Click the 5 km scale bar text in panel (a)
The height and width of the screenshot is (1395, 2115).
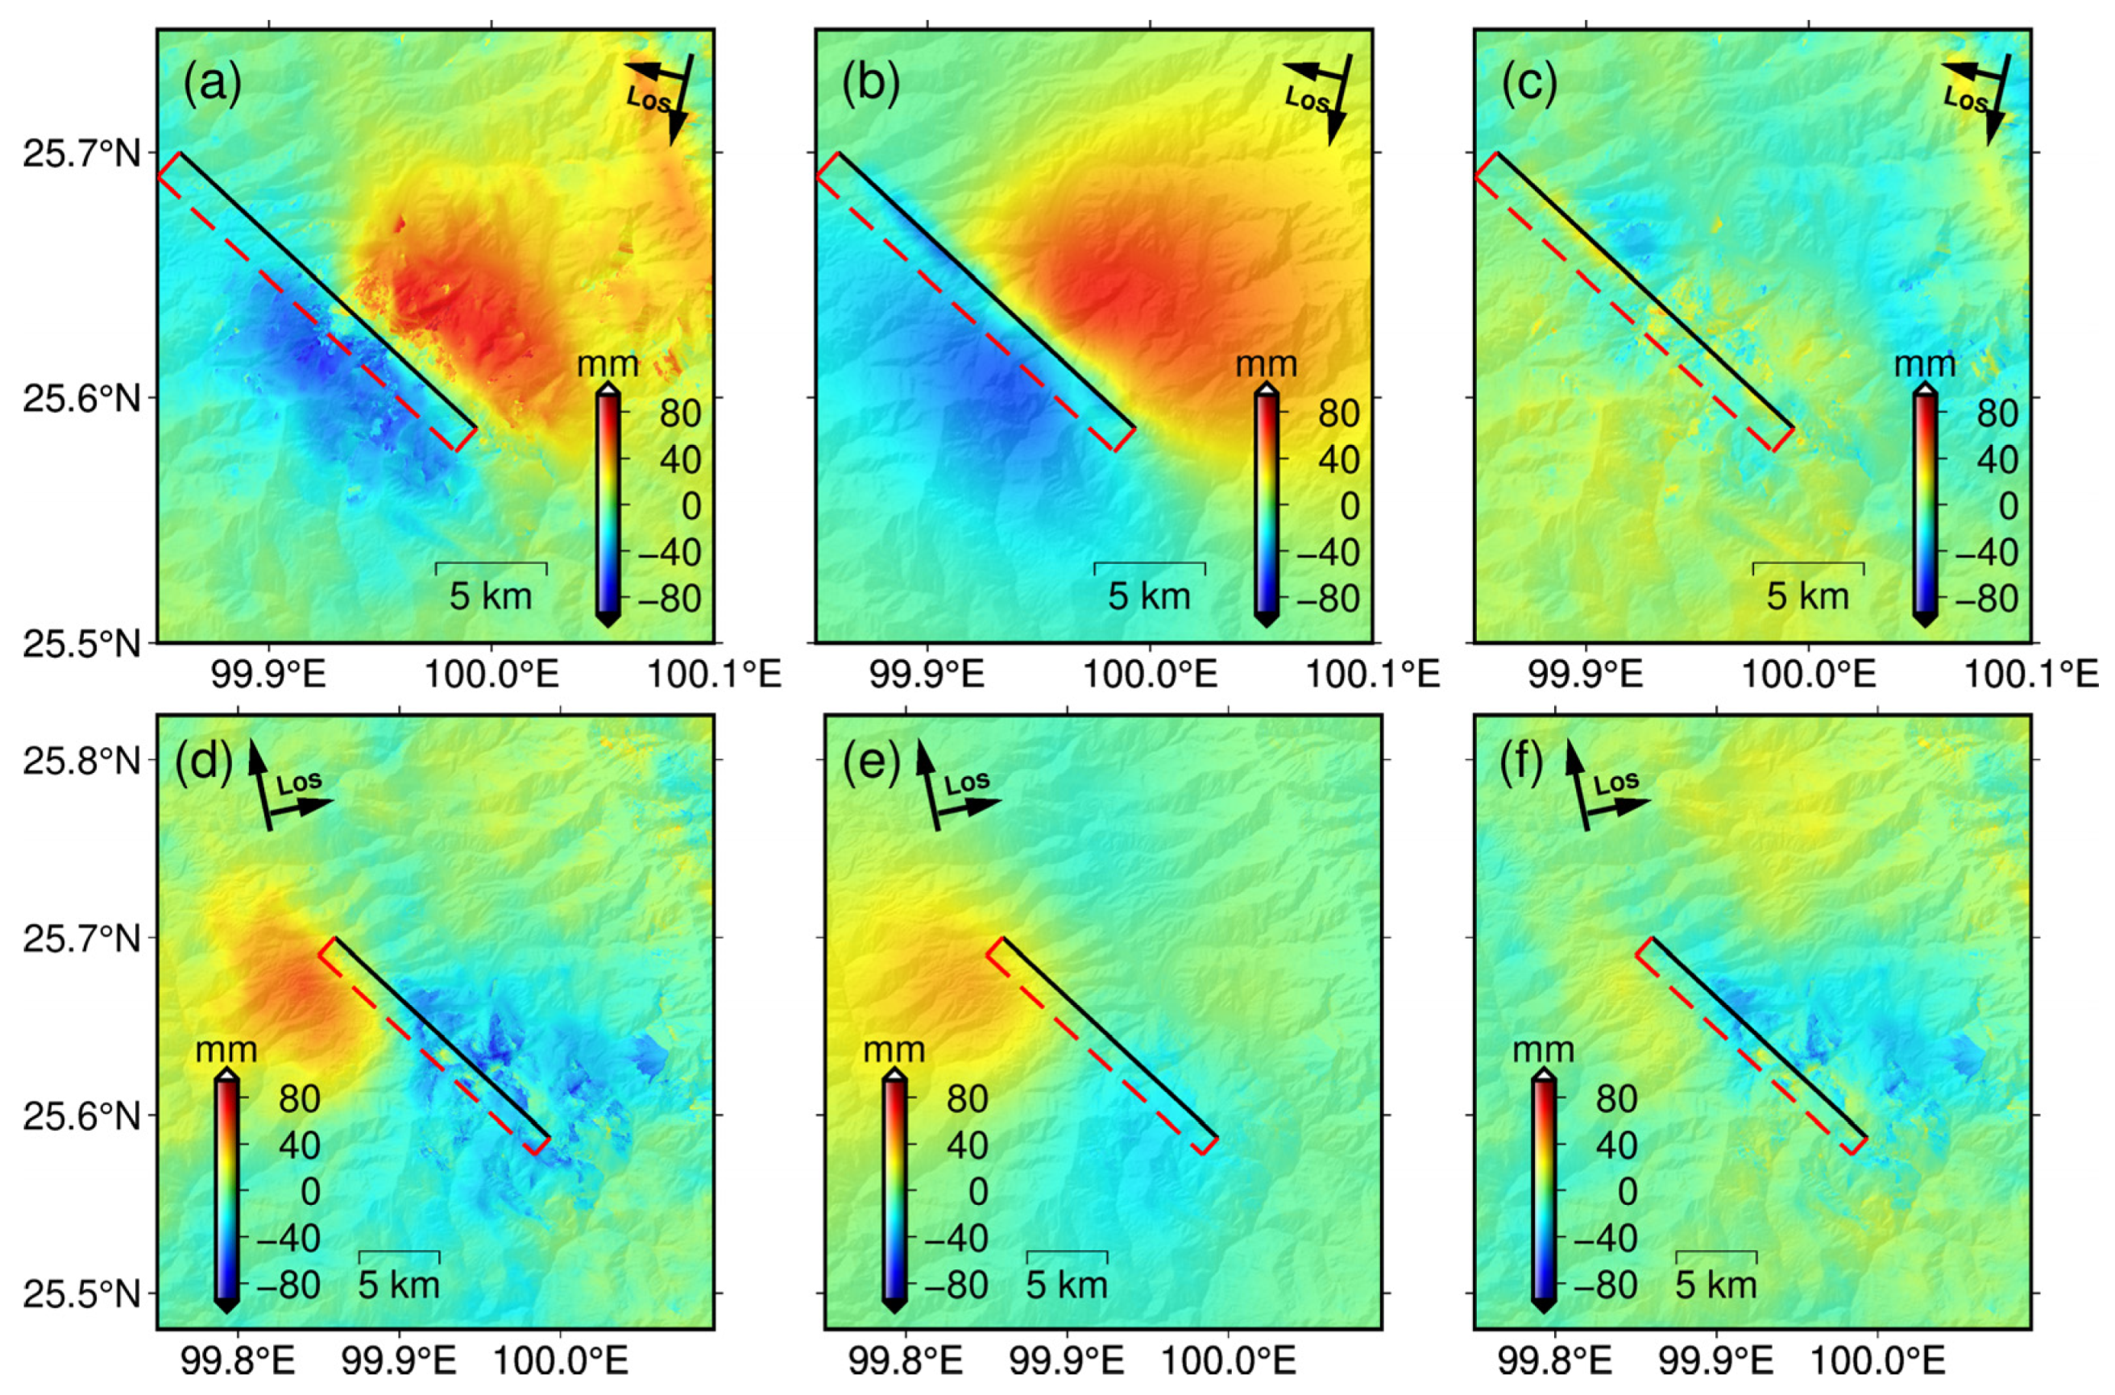click(490, 596)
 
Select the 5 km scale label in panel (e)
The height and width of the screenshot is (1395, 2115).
click(1067, 1285)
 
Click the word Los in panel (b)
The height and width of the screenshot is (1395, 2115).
click(1305, 100)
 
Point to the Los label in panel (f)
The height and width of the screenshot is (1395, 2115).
click(1616, 782)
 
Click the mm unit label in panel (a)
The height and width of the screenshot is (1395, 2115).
click(608, 364)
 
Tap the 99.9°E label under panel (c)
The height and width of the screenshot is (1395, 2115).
click(1586, 675)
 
